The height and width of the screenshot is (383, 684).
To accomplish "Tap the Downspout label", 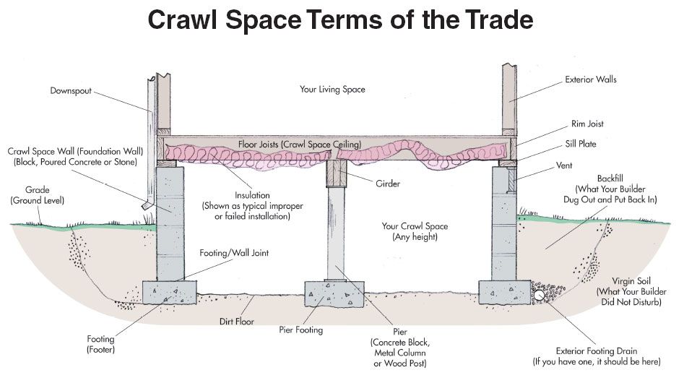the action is pyautogui.click(x=71, y=91).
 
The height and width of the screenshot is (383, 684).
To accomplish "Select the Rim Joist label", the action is pyautogui.click(x=587, y=124).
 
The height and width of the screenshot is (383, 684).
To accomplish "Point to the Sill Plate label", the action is pyautogui.click(x=581, y=144).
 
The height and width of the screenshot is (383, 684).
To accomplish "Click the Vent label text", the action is pyautogui.click(x=564, y=165).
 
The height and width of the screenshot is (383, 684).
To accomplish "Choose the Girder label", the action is pyautogui.click(x=388, y=184).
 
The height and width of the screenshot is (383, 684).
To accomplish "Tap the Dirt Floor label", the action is pyautogui.click(x=236, y=322).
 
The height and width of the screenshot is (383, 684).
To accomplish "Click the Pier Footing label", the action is pyautogui.click(x=301, y=330).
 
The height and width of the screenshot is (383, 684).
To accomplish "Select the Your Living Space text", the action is pyautogui.click(x=332, y=90).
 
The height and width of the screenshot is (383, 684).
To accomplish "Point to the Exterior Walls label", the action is pyautogui.click(x=591, y=79).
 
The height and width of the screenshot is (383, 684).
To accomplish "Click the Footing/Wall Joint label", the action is pyautogui.click(x=234, y=253).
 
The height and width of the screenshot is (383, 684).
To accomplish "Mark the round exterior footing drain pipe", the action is pyautogui.click(x=539, y=296).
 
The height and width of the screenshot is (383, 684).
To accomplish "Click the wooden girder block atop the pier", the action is pyautogui.click(x=337, y=173).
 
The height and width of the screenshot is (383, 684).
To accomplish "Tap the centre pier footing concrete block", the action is pyautogui.click(x=334, y=294).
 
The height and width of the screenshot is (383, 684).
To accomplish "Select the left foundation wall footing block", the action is pyautogui.click(x=170, y=292).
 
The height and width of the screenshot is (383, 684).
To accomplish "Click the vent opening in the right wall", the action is pyautogui.click(x=511, y=180).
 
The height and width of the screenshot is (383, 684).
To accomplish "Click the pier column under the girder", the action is pyautogui.click(x=337, y=234).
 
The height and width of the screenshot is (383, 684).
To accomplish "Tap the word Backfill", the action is pyautogui.click(x=610, y=178).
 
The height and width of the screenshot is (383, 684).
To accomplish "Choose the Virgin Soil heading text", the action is pyautogui.click(x=631, y=281).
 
